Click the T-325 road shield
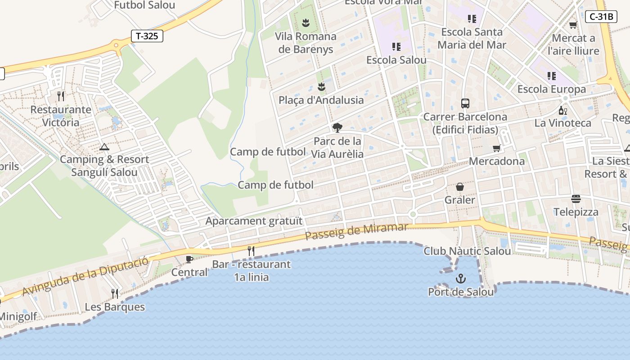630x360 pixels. (147, 36)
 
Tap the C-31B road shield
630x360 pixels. (601, 17)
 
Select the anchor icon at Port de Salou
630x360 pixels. (460, 279)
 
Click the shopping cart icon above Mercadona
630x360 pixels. (497, 148)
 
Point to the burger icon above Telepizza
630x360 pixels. (576, 198)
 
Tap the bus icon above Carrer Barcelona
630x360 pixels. (465, 103)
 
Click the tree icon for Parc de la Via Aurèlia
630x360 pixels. (337, 128)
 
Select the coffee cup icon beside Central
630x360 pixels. (189, 259)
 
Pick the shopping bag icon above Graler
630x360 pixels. (460, 186)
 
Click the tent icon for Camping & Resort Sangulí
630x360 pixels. (104, 147)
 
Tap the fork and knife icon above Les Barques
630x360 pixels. (115, 294)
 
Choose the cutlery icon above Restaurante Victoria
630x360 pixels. (61, 96)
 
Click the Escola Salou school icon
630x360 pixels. (396, 47)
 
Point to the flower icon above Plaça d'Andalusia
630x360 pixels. (321, 86)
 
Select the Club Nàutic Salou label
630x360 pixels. (467, 251)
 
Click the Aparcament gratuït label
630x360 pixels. (254, 221)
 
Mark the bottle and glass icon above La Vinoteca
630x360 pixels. (562, 110)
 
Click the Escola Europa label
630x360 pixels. (551, 89)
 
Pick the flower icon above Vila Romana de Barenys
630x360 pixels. (306, 22)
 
